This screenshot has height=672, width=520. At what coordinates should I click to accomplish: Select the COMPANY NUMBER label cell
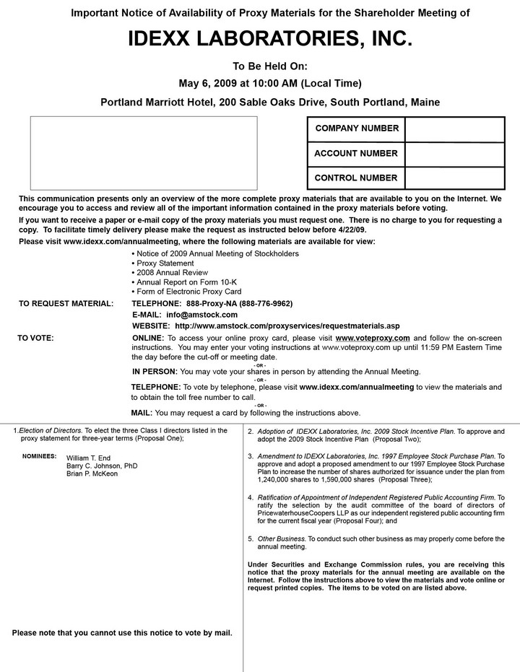pyautogui.click(x=356, y=128)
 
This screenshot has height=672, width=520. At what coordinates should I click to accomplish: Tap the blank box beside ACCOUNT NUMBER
pyautogui.click(x=454, y=153)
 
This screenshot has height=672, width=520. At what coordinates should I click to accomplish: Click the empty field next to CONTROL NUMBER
pyautogui.click(x=454, y=178)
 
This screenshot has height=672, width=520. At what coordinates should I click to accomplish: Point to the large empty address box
pyautogui.click(x=143, y=154)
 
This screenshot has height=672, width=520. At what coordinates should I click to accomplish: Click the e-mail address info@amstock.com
pyautogui.click(x=201, y=315)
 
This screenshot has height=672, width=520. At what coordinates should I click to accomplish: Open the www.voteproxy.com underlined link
pyautogui.click(x=373, y=338)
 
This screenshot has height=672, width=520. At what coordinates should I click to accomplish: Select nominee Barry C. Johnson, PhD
pyautogui.click(x=102, y=466)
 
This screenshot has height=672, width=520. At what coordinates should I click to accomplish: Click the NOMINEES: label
pyautogui.click(x=38, y=456)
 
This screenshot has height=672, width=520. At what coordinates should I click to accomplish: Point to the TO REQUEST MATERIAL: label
pyautogui.click(x=66, y=303)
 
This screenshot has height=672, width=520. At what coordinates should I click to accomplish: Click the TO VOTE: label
pyautogui.click(x=35, y=338)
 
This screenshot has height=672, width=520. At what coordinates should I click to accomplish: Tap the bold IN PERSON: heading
pyautogui.click(x=155, y=372)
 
